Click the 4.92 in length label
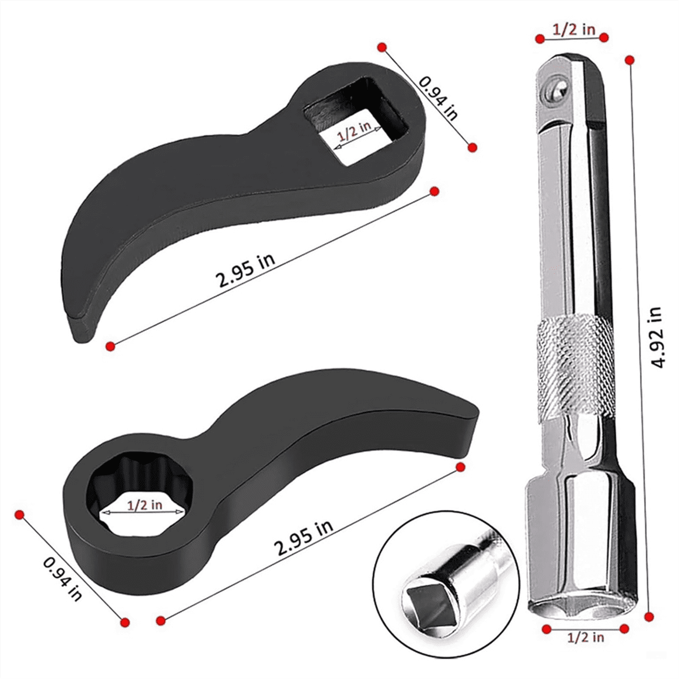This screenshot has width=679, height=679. pyautogui.click(x=656, y=337)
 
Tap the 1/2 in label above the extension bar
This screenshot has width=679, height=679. pyautogui.click(x=573, y=30)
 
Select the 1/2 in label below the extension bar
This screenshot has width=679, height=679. pyautogui.click(x=586, y=637)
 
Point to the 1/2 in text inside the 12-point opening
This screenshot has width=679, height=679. pyautogui.click(x=144, y=505)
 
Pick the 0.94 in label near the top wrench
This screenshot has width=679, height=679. pyautogui.click(x=439, y=97)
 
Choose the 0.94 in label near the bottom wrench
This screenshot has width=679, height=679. pyautogui.click(x=63, y=578)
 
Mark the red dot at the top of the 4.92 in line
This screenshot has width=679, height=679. pyautogui.click(x=628, y=59)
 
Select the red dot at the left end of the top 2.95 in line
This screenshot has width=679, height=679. pyautogui.click(x=110, y=346)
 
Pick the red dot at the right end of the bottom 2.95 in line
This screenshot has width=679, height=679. pyautogui.click(x=460, y=467)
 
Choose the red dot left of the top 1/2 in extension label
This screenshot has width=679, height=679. pyautogui.click(x=540, y=38)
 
